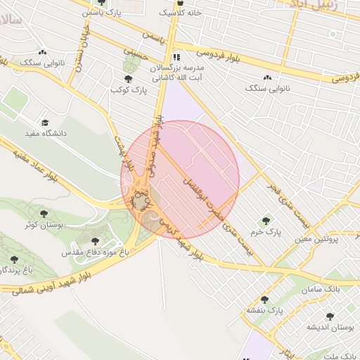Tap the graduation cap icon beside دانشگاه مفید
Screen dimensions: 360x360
pyautogui.click(x=45, y=122)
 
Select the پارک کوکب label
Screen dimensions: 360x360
pyautogui.click(x=127, y=90)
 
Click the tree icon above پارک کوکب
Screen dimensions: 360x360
pyautogui.click(x=127, y=79)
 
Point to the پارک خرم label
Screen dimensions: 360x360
pyautogui.click(x=268, y=231)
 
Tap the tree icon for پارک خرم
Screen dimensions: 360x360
pyautogui.click(x=265, y=221)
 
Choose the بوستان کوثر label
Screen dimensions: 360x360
pyautogui.click(x=44, y=224)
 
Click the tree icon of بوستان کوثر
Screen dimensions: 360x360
pyautogui.click(x=44, y=213)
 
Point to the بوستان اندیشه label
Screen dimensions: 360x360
pyautogui.click(x=330, y=328)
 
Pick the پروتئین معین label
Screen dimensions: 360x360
pyautogui.click(x=317, y=239)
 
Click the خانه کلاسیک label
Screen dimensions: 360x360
pyautogui.click(x=180, y=13)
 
